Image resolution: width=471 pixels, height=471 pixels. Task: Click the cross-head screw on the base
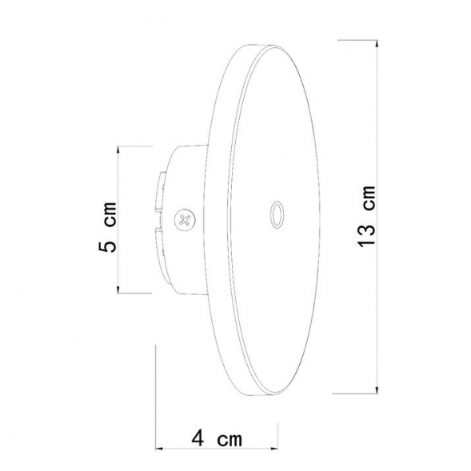pos(185,218)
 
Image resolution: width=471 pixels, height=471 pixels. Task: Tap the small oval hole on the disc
pos(277,215)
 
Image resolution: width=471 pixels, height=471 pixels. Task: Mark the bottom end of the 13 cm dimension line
pos(377,393)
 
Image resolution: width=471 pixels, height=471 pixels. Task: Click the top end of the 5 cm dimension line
pos(118,146)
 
